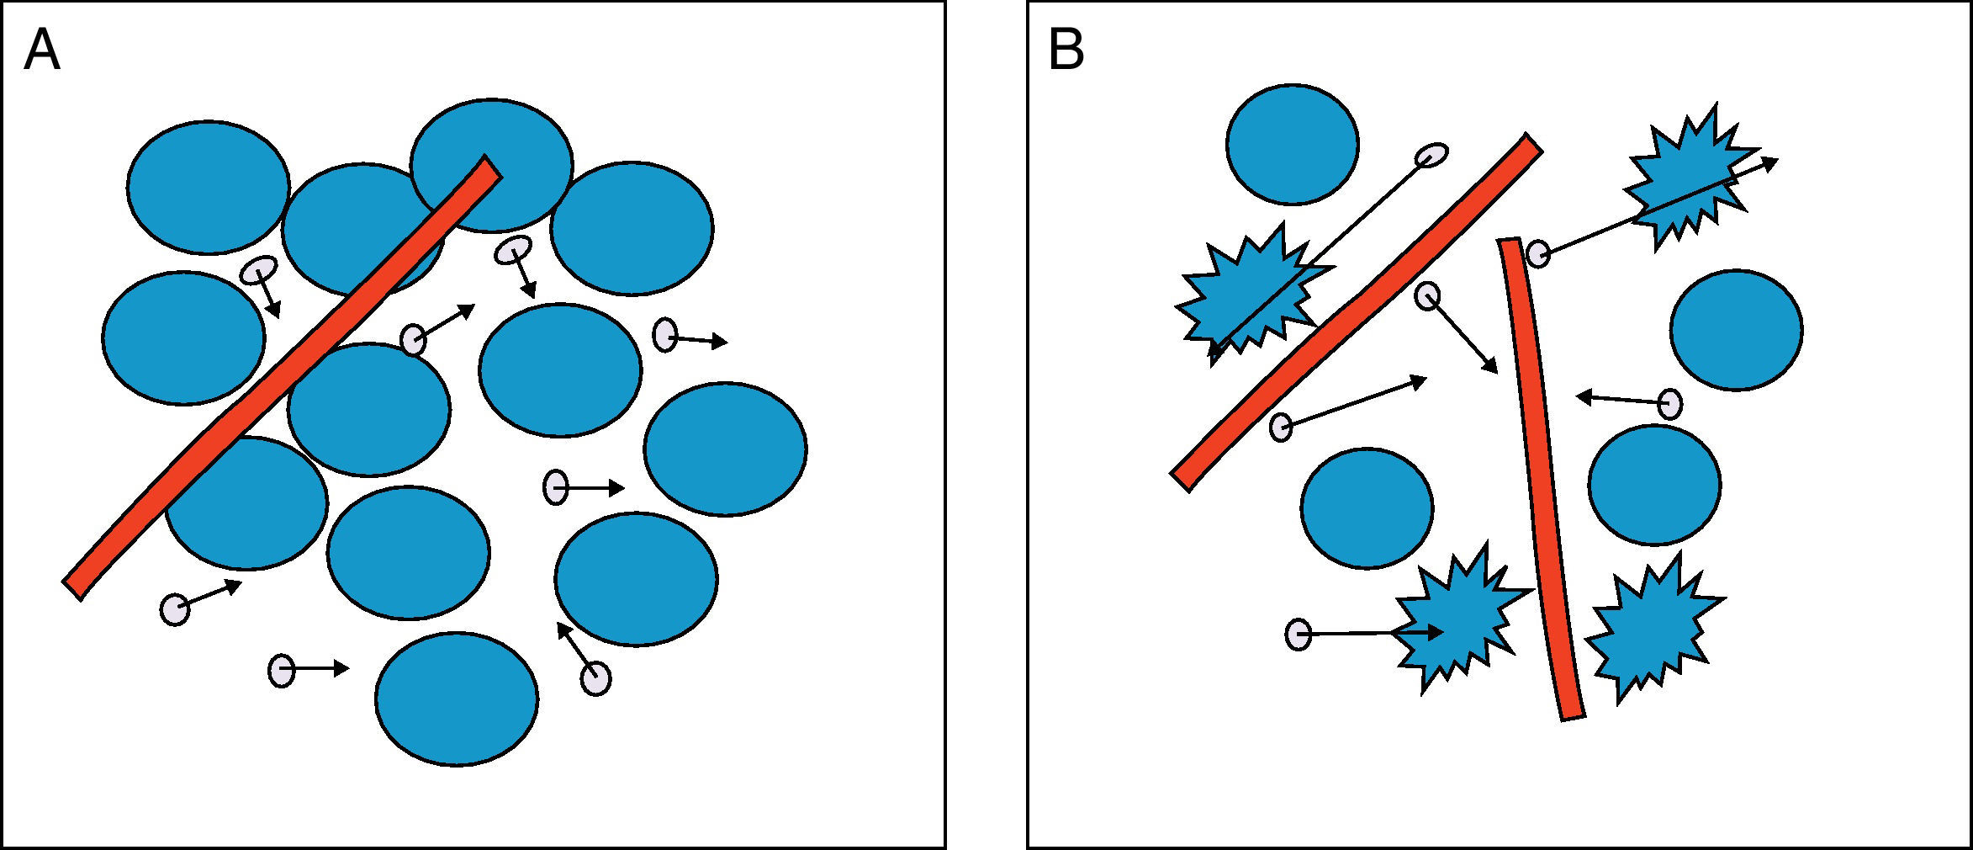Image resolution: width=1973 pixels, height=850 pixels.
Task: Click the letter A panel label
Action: pos(42,50)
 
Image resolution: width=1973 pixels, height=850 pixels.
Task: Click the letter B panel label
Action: pos(1066,50)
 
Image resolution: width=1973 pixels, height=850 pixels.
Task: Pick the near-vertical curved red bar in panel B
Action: pos(1541,480)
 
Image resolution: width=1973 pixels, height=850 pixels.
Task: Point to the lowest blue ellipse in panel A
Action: pos(456,699)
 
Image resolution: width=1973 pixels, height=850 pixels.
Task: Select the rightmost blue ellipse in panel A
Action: pos(725,449)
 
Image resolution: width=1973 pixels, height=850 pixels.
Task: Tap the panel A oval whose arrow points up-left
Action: pos(595,678)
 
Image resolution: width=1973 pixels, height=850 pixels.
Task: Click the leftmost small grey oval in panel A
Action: pos(175,608)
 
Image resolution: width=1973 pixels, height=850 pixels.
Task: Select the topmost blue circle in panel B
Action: pos(1292,144)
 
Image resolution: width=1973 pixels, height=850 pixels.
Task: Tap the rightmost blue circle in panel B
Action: pos(1736,329)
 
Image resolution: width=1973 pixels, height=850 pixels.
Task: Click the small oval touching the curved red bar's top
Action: pos(1538,253)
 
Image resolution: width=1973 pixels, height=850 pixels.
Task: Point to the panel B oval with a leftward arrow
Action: pos(1670,404)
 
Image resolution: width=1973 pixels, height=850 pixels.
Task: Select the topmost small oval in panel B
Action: pos(1431,155)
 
